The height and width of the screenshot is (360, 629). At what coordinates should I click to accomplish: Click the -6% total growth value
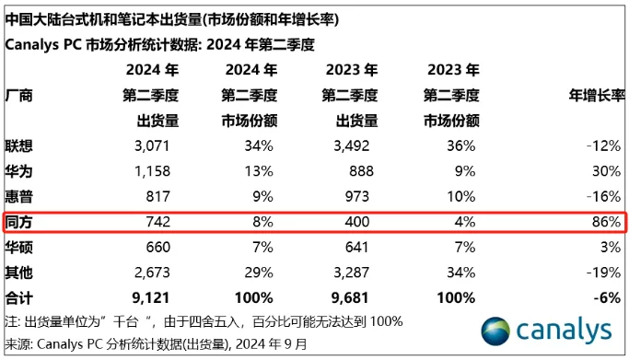pyautogui.click(x=607, y=297)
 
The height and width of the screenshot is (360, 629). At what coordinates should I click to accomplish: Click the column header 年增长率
pyautogui.click(x=593, y=95)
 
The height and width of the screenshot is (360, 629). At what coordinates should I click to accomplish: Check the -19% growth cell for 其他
pyautogui.click(x=602, y=272)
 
